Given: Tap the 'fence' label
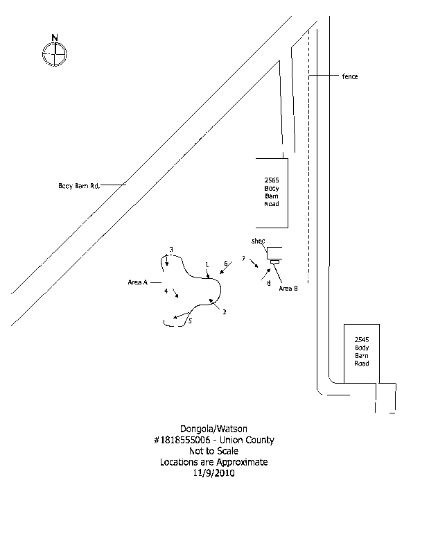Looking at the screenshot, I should click(x=349, y=76).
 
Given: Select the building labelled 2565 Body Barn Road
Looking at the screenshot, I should click(x=271, y=192).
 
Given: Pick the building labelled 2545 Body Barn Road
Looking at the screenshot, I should click(x=362, y=353).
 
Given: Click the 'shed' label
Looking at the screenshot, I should click(x=259, y=241).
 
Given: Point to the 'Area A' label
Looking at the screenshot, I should click(x=138, y=282).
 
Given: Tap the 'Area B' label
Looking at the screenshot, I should click(x=288, y=288).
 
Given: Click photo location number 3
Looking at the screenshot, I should click(x=170, y=250).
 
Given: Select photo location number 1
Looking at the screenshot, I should click(x=207, y=265).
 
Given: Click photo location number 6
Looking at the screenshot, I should click(x=226, y=264).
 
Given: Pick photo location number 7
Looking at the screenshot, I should click(x=243, y=259).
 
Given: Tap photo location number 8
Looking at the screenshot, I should click(x=268, y=283).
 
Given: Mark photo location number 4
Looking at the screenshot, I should click(x=166, y=291).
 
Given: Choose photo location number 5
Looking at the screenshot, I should click(x=190, y=321).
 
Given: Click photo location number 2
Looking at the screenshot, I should click(x=225, y=312).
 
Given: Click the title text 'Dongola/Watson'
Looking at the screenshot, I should click(x=214, y=429).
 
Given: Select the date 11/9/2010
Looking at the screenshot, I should click(x=214, y=474).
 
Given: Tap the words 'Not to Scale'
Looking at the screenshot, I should click(x=214, y=451).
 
